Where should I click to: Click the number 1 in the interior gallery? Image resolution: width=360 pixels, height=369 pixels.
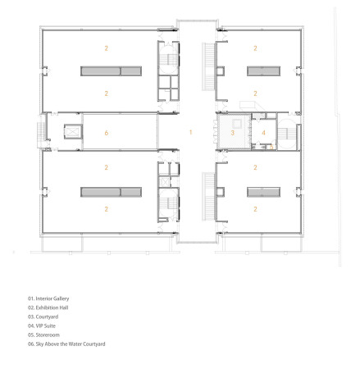[x=190, y=131]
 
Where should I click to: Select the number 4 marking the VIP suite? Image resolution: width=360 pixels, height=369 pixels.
[x=263, y=131]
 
